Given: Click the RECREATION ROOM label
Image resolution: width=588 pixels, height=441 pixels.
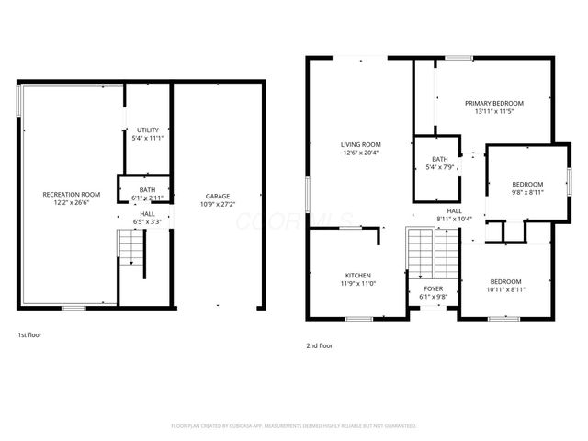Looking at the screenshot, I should coord(72,195).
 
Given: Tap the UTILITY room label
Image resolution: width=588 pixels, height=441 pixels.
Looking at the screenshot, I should coord(148,130).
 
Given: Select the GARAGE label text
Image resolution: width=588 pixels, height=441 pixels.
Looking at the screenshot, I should coord(218,196).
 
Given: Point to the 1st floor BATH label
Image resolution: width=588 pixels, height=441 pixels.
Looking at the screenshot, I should coord(148,189).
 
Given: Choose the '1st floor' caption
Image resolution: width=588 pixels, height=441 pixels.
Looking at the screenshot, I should coord(29,335).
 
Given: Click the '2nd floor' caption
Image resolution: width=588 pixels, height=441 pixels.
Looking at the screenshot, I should coord(320,345).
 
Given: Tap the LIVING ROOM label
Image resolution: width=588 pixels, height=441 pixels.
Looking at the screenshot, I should coord(360,144).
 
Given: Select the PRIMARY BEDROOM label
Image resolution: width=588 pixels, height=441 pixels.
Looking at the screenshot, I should coord(493,103).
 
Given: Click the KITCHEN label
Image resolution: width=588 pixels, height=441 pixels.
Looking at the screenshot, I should coord(357,275).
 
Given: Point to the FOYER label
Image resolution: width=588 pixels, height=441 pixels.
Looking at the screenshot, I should coord(433,288).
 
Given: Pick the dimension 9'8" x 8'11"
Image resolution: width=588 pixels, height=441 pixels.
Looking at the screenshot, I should coord(527,192).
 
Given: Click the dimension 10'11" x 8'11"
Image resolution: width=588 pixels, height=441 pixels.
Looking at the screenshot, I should coord(505,289).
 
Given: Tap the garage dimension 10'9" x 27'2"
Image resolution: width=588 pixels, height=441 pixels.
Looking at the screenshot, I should coord(218,204).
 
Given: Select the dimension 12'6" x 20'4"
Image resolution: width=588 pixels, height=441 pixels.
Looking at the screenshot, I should coord(360,153).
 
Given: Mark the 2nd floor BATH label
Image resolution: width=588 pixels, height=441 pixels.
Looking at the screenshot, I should coord(439,159).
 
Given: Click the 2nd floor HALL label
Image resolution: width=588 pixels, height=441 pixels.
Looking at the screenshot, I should coord(454,210).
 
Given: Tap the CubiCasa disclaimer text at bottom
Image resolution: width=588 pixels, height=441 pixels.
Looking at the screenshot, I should coord(294,426).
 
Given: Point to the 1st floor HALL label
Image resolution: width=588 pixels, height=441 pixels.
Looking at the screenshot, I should coord(147,213).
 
